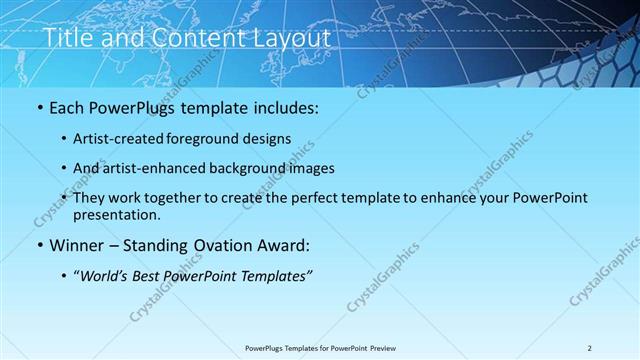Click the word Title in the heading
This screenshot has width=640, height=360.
[x=71, y=37]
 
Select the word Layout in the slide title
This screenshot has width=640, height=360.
[x=290, y=37]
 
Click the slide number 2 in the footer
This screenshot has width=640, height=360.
[x=590, y=348]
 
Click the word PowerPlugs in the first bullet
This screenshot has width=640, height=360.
[x=132, y=108]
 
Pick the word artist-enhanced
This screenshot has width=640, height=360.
[x=165, y=168]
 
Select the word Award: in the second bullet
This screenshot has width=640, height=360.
[x=286, y=245]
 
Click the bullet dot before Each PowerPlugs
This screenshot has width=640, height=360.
[x=40, y=108]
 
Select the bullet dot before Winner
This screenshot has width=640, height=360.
[x=40, y=245]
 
